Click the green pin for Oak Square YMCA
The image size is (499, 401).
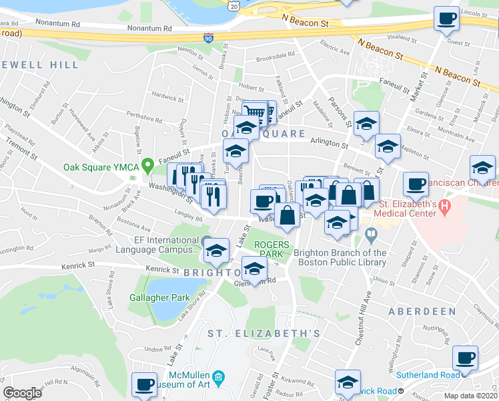coord(150,162)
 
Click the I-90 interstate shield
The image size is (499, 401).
coord(209,39)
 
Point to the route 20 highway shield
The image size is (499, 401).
coord(232,5)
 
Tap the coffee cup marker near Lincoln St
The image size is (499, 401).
coord(446,19)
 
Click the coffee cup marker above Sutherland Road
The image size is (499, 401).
coord(465,358)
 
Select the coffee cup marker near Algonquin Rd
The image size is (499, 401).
coord(144,384)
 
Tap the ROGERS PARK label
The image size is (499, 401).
coord(272,249)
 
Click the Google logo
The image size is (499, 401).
coord(22,393)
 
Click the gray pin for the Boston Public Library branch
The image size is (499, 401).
coord(371,234)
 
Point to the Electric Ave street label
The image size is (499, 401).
coord(335,47)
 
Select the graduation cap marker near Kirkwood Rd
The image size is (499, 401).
coord(348,382)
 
